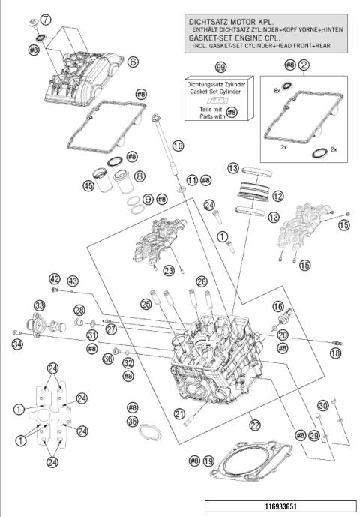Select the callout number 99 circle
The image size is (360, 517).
(x=220, y=68)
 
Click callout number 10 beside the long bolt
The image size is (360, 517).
(x=177, y=146)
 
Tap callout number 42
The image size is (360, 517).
(x=55, y=278)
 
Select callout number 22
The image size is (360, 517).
(x=255, y=425)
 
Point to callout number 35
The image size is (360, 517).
(x=133, y=422)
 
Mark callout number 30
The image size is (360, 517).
(x=323, y=405)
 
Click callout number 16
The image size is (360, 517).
(x=278, y=306)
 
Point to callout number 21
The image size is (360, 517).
(x=179, y=413)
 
